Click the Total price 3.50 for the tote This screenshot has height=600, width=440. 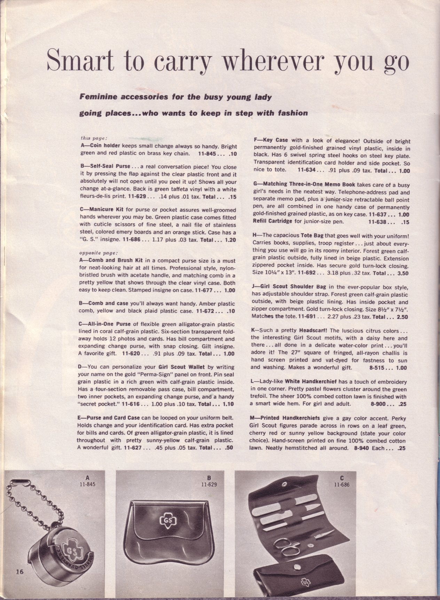403,274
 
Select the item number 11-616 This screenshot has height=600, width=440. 130,404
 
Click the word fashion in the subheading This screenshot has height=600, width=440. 291,113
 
